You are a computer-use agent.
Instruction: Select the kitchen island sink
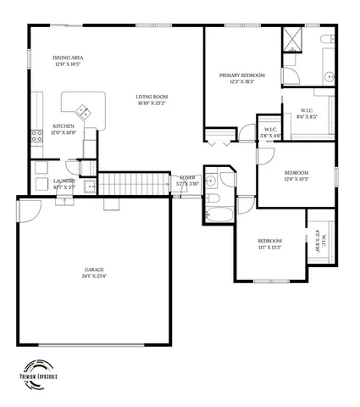(83, 110)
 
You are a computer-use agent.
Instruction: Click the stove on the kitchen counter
(36, 135)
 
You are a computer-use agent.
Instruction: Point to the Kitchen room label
(64, 129)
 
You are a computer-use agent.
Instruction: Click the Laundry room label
(64, 182)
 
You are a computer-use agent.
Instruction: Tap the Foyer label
(188, 181)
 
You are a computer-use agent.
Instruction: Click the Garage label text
(93, 272)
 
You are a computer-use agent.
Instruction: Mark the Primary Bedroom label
(241, 78)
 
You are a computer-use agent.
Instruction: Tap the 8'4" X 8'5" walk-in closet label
(308, 114)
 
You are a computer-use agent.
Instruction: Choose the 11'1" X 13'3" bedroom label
(270, 244)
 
